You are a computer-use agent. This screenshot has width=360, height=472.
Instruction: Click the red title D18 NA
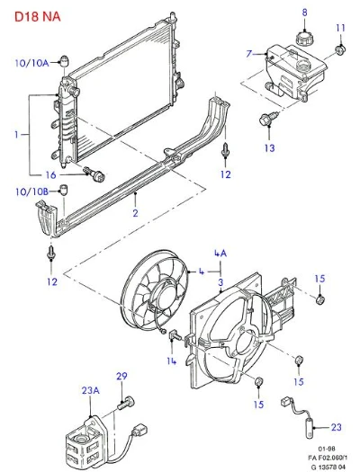tap(38, 16)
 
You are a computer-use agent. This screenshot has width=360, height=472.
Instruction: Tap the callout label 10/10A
tap(31, 63)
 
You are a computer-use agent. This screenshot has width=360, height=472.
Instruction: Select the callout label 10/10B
tap(31, 191)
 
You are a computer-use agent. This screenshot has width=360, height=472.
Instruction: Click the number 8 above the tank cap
tap(304, 13)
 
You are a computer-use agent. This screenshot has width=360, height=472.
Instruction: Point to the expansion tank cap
tap(304, 38)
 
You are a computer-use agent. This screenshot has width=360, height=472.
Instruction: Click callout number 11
tap(340, 28)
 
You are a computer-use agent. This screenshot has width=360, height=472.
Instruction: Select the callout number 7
tap(248, 54)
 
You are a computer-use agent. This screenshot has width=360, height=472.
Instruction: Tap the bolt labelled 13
tap(267, 119)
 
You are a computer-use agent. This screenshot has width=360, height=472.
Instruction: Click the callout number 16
tap(50, 175)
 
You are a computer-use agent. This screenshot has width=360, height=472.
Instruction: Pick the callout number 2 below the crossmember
tap(135, 213)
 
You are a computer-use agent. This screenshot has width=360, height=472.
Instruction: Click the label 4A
tap(220, 254)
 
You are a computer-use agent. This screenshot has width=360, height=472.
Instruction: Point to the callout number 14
tap(171, 361)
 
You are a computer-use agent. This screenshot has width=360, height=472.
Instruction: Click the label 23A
tap(91, 390)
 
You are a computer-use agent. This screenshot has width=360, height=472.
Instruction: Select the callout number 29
tap(121, 376)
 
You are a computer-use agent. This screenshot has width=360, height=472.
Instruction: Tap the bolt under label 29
tap(126, 403)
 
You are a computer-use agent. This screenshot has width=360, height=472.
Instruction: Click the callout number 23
tap(337, 427)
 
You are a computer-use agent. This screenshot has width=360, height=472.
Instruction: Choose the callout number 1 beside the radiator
tap(16, 134)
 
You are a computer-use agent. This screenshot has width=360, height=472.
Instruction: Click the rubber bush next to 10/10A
tap(65, 61)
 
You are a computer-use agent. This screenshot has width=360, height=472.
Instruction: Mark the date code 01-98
tap(327, 449)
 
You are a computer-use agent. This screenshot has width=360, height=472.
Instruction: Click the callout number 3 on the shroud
tap(220, 282)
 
